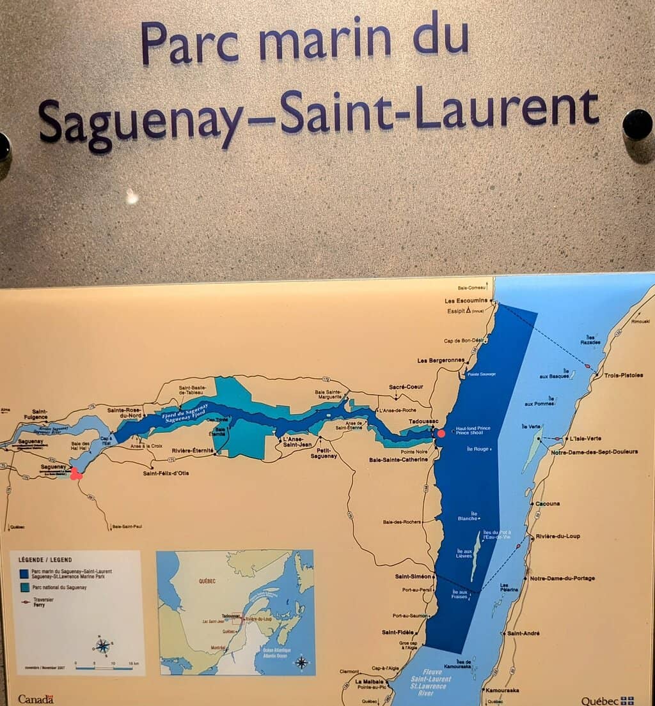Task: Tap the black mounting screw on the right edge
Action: [637, 124]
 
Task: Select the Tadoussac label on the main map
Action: [420, 422]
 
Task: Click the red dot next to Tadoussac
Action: [441, 434]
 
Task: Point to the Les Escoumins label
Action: [467, 300]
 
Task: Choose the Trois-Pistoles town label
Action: [624, 375]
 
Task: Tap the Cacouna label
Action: [548, 503]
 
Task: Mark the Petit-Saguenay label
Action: [324, 452]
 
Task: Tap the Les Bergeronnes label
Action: [441, 360]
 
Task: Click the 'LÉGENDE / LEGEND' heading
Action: [40, 560]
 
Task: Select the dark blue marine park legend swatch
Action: [24, 573]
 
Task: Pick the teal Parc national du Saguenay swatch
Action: [24, 587]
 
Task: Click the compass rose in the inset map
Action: [301, 661]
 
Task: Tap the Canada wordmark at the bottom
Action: [36, 699]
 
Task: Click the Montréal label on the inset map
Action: [219, 647]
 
